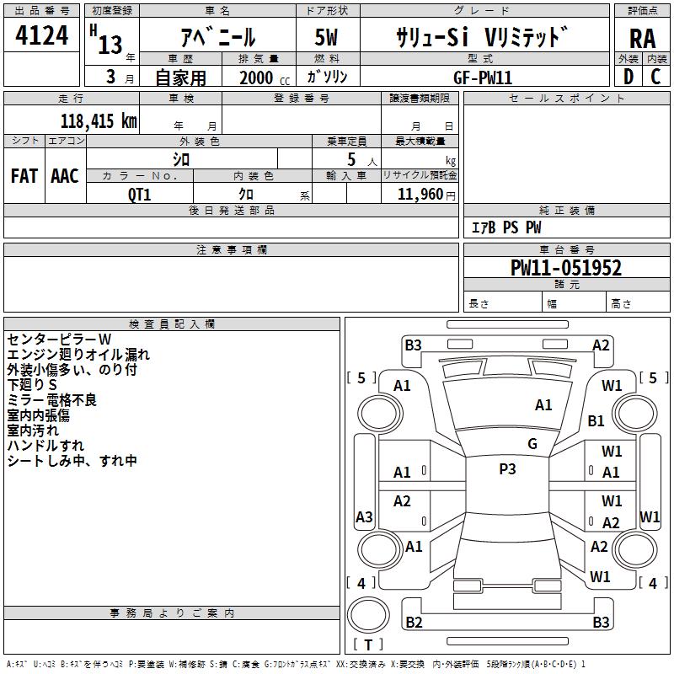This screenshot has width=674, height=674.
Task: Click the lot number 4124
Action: (x=41, y=35)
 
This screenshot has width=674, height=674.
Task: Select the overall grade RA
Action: (x=643, y=39)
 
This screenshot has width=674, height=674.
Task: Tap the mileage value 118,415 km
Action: (x=99, y=121)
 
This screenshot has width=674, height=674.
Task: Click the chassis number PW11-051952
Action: (x=565, y=268)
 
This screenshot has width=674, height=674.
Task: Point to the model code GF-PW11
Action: (x=483, y=78)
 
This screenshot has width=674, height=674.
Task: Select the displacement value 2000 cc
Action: (x=265, y=78)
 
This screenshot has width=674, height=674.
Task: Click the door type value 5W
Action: (x=326, y=37)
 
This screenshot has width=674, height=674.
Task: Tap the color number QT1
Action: (x=139, y=195)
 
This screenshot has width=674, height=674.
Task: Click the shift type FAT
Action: (x=24, y=176)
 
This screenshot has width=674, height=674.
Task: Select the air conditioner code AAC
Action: (x=65, y=176)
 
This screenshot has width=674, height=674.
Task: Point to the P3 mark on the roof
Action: (x=507, y=469)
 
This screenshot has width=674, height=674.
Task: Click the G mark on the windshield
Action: (x=532, y=444)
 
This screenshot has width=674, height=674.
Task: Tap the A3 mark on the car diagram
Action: (x=364, y=516)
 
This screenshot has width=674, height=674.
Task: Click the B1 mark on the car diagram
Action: (x=596, y=420)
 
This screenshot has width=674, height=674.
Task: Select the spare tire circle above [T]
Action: (x=368, y=614)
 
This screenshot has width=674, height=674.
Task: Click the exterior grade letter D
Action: (x=629, y=77)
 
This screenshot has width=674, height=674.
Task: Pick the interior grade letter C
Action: (x=655, y=77)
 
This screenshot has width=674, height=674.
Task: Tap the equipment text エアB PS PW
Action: (x=506, y=227)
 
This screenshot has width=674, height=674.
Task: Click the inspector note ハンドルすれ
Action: (x=45, y=446)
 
